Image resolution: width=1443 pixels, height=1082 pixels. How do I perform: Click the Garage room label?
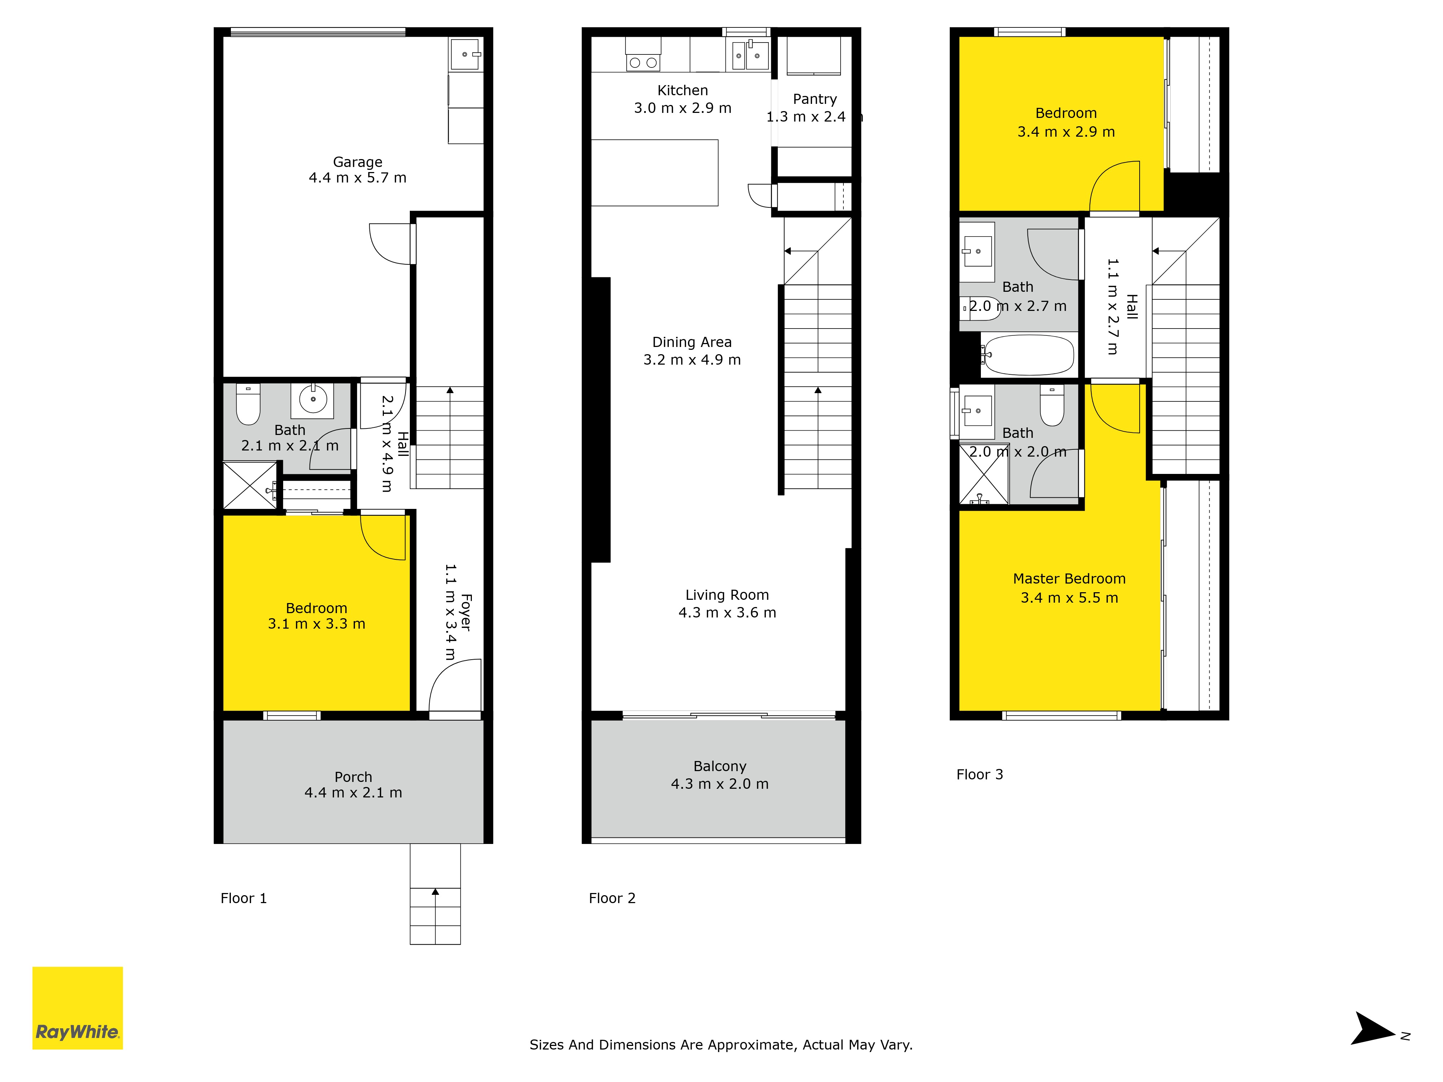[x=358, y=162]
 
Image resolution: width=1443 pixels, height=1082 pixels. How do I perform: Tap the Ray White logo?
[x=78, y=1008]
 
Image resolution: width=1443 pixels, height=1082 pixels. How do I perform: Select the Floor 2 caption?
[x=612, y=898]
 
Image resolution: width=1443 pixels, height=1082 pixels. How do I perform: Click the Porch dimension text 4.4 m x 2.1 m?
[x=353, y=792]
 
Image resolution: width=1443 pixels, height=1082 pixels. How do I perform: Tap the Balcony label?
[x=720, y=766]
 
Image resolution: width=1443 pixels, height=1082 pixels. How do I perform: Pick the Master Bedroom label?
[x=1069, y=579]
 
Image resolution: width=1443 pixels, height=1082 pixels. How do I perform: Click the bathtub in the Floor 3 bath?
[x=1028, y=355]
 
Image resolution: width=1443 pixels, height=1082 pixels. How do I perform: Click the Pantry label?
[x=815, y=99]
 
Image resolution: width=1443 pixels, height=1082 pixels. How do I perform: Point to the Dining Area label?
[x=692, y=342]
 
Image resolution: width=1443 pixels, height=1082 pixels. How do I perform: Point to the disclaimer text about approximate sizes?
[x=721, y=1045]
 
